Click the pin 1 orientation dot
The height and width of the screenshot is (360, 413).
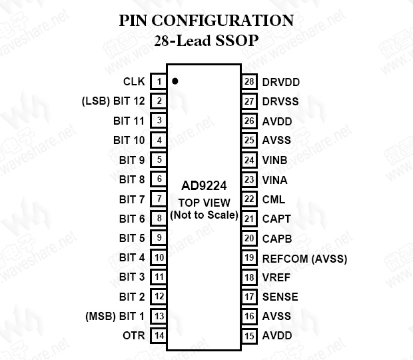pyautogui.click(x=175, y=81)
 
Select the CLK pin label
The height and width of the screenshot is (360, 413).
pyautogui.click(x=133, y=82)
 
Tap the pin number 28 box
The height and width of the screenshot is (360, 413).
pyautogui.click(x=250, y=82)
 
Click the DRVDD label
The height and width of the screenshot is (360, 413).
pyautogui.click(x=280, y=82)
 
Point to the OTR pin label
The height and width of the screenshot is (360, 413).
pyautogui.click(x=133, y=335)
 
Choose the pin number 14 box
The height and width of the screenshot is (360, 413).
pyautogui.click(x=159, y=335)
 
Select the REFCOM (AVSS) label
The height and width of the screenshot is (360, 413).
pyautogui.click(x=304, y=258)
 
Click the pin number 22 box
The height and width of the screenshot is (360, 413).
pyautogui.click(x=250, y=199)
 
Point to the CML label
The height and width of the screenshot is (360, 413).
pyautogui.click(x=273, y=199)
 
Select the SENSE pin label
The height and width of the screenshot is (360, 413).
pyautogui.click(x=280, y=297)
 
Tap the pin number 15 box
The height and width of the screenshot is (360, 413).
pyautogui.click(x=250, y=335)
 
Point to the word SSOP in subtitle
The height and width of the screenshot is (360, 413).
pyautogui.click(x=236, y=41)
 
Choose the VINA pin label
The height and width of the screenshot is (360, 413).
pyautogui.click(x=275, y=179)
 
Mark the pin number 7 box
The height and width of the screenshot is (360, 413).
pyautogui.click(x=159, y=199)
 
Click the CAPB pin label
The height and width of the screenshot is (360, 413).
pyautogui.click(x=276, y=238)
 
